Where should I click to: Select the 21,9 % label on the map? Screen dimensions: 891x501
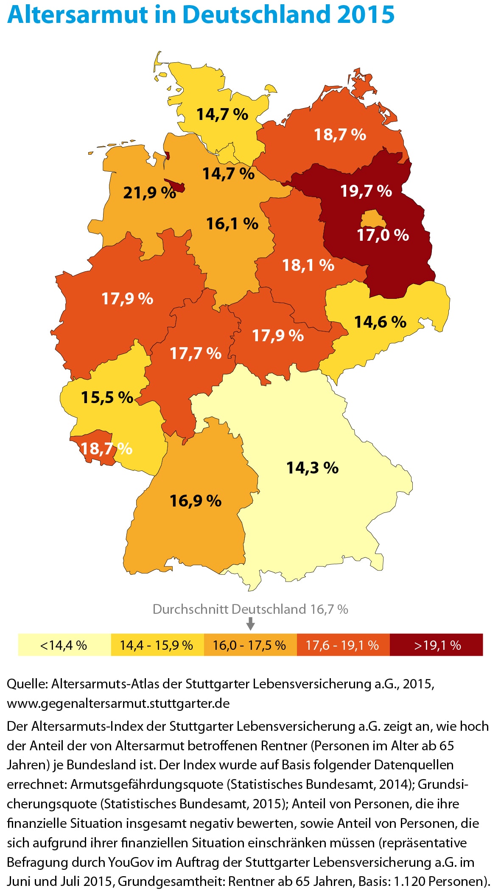coord(149,193)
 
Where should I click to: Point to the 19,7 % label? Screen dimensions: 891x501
coord(366,191)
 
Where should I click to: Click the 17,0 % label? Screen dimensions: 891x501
coord(383,235)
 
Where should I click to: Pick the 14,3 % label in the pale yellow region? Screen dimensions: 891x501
coord(312,468)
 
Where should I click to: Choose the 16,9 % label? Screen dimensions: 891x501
coord(196,501)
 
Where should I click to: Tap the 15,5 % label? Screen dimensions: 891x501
coord(107,398)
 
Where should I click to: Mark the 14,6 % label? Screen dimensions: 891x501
coord(380,322)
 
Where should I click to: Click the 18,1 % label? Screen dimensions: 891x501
coord(308,265)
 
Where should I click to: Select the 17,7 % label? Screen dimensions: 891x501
coord(196,353)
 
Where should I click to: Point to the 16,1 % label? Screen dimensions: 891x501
coord(232,224)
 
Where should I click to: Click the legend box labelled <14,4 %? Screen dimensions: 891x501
coord(64,645)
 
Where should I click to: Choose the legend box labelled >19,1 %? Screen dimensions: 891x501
coord(437,645)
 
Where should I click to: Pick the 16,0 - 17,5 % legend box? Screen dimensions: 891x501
coord(250,645)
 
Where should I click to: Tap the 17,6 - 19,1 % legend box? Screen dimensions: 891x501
coord(343,645)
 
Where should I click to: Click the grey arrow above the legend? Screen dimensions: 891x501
coord(251,624)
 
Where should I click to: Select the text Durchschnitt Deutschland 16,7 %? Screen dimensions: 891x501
coord(250,609)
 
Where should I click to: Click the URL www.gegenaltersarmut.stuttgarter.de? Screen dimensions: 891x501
coord(118,703)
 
